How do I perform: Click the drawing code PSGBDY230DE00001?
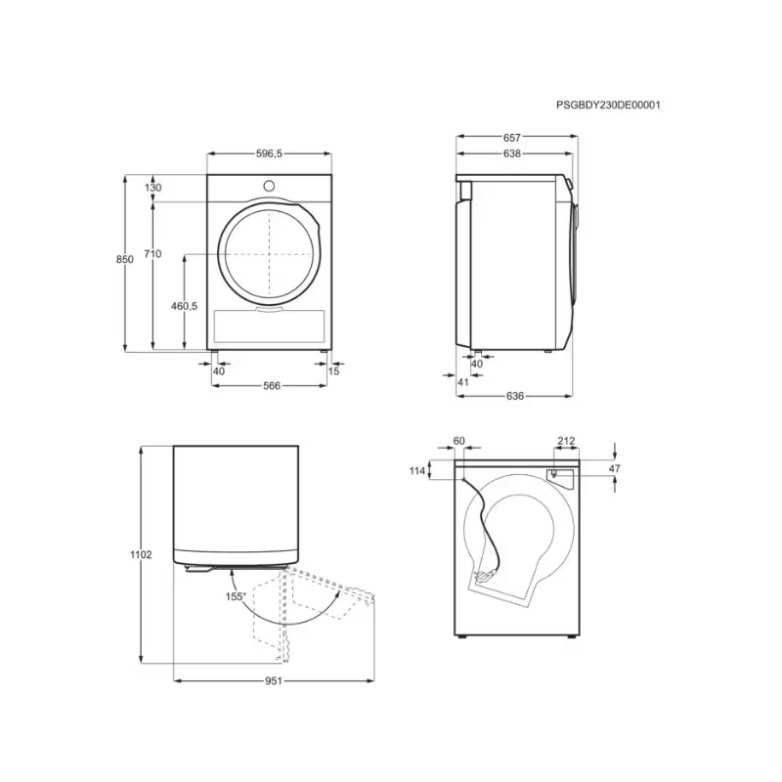(x=608, y=106)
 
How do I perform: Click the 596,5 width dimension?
(x=270, y=153)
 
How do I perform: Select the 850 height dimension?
(x=125, y=259)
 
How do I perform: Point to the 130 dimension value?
(x=153, y=188)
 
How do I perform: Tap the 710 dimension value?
(x=152, y=254)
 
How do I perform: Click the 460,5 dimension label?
(x=185, y=306)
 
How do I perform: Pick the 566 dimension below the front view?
(x=272, y=385)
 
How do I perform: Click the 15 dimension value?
(x=333, y=371)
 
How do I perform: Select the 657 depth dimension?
(x=512, y=138)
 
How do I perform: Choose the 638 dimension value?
(x=512, y=153)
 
